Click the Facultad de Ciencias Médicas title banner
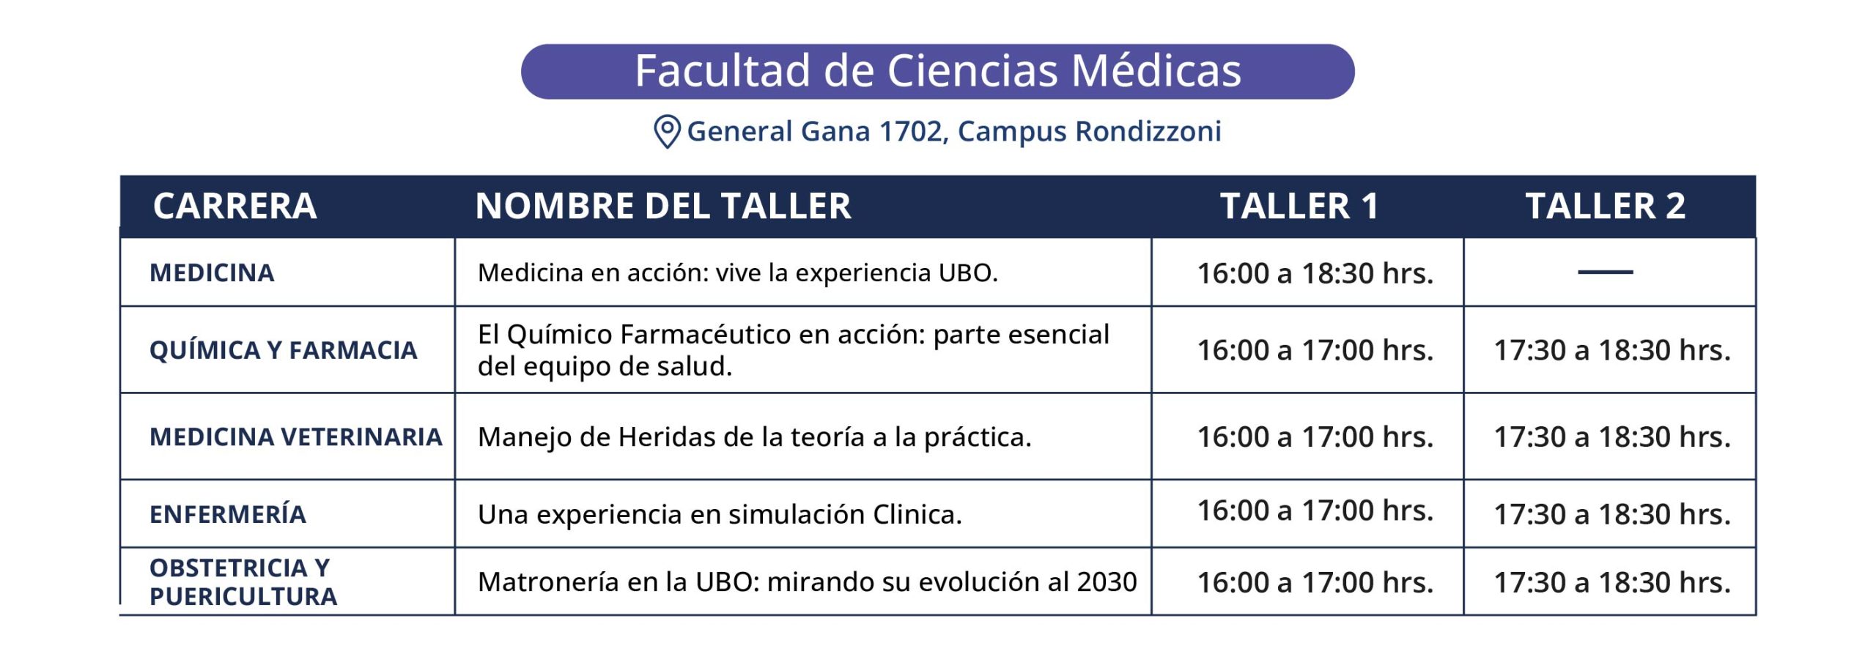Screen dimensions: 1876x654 937,71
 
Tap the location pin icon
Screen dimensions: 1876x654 667,132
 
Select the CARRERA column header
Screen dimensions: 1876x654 234,206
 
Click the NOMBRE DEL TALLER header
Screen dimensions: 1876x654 663,206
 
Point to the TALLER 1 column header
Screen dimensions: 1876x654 1299,206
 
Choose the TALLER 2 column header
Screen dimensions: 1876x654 1606,206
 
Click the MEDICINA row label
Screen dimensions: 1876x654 212,273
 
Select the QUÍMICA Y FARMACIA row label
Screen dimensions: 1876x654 284,350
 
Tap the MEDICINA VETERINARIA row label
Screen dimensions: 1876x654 296,437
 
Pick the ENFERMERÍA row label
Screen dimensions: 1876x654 228,514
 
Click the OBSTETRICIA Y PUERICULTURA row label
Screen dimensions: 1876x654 243,582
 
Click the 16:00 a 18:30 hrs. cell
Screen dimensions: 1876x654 1315,273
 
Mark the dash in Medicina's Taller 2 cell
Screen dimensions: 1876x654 1606,272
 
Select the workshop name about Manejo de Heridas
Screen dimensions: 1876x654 754,437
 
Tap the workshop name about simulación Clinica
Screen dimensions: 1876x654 720,515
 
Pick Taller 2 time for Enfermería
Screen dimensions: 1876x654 1612,514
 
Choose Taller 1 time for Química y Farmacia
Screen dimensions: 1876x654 1315,350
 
